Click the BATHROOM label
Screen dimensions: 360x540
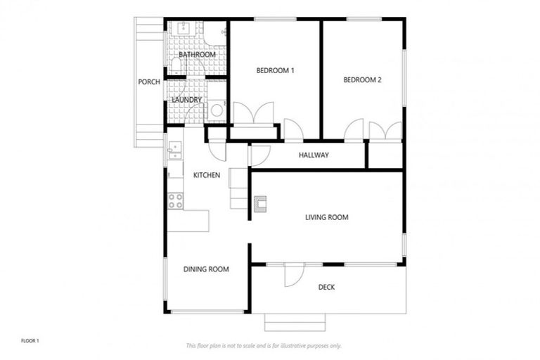click(x=197, y=54)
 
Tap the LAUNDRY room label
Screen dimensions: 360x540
click(x=187, y=100)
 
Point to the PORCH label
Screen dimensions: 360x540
click(x=149, y=82)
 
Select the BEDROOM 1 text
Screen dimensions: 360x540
click(x=275, y=70)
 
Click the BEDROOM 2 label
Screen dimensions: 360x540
click(x=362, y=80)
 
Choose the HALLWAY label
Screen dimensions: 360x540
click(x=313, y=155)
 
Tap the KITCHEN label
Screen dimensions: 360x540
click(x=207, y=175)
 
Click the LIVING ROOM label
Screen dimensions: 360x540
click(x=327, y=217)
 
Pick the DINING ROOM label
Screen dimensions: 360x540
click(x=206, y=269)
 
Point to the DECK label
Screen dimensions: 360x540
click(x=326, y=287)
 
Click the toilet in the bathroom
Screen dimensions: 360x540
click(x=176, y=66)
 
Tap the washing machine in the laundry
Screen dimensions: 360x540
click(x=217, y=110)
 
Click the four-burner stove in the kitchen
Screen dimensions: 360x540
click(x=175, y=200)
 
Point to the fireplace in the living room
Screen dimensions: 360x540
click(x=261, y=205)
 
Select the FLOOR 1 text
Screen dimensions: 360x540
click(x=30, y=341)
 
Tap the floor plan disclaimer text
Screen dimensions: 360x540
click(x=264, y=345)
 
